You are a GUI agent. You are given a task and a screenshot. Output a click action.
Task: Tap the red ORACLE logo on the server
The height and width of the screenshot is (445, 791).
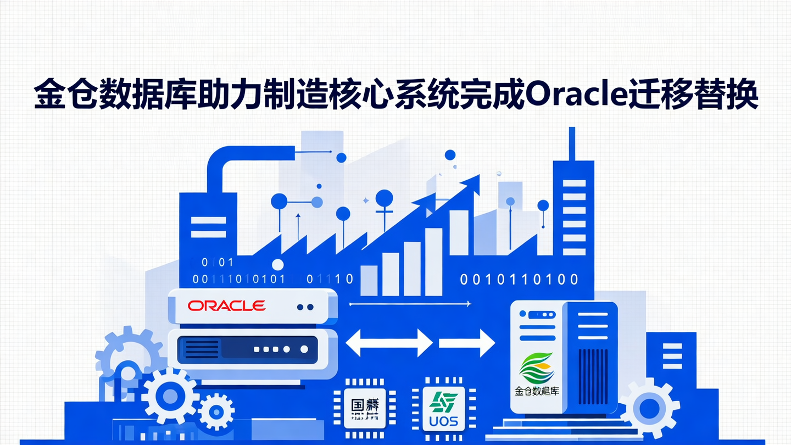[x=226, y=305]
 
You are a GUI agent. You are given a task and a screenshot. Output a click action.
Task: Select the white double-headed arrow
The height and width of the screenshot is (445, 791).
[x=389, y=343]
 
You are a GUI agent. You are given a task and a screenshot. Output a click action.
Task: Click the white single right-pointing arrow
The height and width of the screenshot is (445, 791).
[x=467, y=343]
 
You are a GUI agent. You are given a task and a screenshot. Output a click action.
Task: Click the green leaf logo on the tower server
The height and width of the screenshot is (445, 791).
[x=537, y=368]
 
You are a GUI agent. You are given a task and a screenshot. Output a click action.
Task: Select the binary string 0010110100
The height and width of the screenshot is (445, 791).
[x=519, y=280]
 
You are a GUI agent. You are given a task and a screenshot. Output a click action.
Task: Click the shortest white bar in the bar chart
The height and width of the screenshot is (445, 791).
[x=369, y=280]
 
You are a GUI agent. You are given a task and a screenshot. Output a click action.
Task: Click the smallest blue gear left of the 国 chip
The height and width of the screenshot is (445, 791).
[x=217, y=411]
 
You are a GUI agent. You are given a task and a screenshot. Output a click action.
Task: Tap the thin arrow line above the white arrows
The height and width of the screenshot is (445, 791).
[x=410, y=303]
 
